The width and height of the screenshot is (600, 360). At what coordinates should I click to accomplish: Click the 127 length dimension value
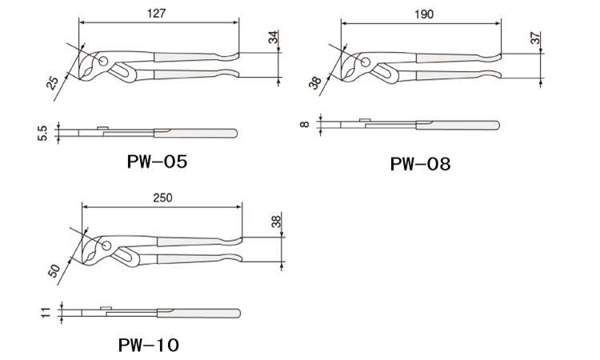click(x=156, y=14)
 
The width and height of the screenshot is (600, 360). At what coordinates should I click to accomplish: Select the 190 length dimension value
click(x=424, y=14)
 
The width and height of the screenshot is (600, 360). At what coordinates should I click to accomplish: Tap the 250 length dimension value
click(x=162, y=198)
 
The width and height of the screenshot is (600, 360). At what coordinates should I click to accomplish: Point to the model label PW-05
click(x=157, y=162)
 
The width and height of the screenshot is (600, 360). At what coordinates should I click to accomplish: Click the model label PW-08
click(x=420, y=164)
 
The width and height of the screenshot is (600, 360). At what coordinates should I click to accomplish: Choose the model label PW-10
click(x=149, y=345)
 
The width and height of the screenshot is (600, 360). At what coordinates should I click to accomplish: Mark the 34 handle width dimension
click(x=273, y=38)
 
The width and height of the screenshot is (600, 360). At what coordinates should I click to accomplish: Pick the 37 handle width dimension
click(x=535, y=38)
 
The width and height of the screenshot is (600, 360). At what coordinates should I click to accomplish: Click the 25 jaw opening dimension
click(x=53, y=83)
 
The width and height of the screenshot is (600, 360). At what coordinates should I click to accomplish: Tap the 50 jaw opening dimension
click(x=54, y=270)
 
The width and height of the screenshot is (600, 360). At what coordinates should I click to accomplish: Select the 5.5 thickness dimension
click(x=42, y=133)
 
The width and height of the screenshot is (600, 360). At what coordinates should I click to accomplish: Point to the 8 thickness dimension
click(x=305, y=124)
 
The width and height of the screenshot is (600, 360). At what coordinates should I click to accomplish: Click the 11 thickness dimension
click(x=46, y=312)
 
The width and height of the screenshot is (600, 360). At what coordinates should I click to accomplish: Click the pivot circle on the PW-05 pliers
click(x=103, y=61)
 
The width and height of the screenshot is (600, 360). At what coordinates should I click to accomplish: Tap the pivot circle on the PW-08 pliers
click(x=366, y=62)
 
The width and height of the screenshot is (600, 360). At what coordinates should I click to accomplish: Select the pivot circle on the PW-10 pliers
click(x=106, y=246)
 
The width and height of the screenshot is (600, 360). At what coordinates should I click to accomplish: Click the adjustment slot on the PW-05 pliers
click(x=123, y=72)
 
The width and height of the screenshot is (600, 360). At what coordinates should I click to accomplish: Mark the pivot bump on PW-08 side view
click(x=365, y=120)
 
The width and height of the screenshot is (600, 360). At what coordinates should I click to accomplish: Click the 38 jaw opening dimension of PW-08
click(x=315, y=83)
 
